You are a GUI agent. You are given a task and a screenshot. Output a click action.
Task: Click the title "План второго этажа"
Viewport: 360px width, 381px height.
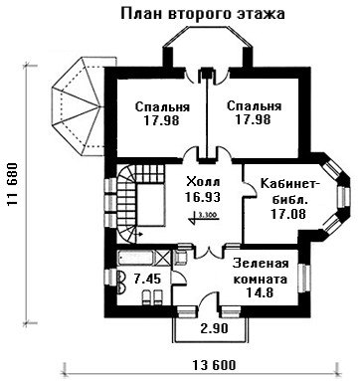coord(203,14)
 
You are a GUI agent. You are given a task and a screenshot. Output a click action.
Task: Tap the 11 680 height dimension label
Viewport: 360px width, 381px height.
coord(12,184)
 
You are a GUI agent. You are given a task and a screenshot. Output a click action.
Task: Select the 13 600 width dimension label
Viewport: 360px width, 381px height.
coord(215,365)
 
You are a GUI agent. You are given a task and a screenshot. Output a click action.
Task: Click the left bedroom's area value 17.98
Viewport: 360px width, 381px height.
coord(161,120)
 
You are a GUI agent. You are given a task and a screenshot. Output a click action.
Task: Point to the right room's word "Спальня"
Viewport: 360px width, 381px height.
coord(254,106)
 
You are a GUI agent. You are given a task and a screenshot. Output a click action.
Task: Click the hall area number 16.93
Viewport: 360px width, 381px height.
coord(203,197)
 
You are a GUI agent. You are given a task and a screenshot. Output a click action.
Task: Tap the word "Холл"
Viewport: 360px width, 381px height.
coord(203,182)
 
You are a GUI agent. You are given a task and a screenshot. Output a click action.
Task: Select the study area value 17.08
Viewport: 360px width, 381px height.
coord(288,214)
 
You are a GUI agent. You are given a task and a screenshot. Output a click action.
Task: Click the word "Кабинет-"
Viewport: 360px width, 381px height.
coord(290,184)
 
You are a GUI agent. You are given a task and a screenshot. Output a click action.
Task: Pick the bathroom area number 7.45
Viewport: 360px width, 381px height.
coord(147,279)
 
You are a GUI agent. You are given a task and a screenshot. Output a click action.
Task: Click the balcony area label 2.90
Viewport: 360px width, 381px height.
coord(215,328)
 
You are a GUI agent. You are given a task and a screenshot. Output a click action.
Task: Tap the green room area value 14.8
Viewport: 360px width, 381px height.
coord(260,292)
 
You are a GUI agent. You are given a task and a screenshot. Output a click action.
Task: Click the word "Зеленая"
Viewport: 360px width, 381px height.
coord(261,264)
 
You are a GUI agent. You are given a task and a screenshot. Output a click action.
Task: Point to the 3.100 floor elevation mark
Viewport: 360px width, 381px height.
coord(205,217)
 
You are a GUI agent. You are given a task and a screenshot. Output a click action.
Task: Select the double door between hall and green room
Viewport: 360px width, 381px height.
coord(208,254)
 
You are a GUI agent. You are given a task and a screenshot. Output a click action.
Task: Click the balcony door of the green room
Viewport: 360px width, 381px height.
coord(209,300)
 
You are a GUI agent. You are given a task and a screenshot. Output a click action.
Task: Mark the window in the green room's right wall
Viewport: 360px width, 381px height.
coord(302,279)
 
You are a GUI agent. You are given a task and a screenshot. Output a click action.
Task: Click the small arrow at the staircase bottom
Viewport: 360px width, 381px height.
coord(139,235)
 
